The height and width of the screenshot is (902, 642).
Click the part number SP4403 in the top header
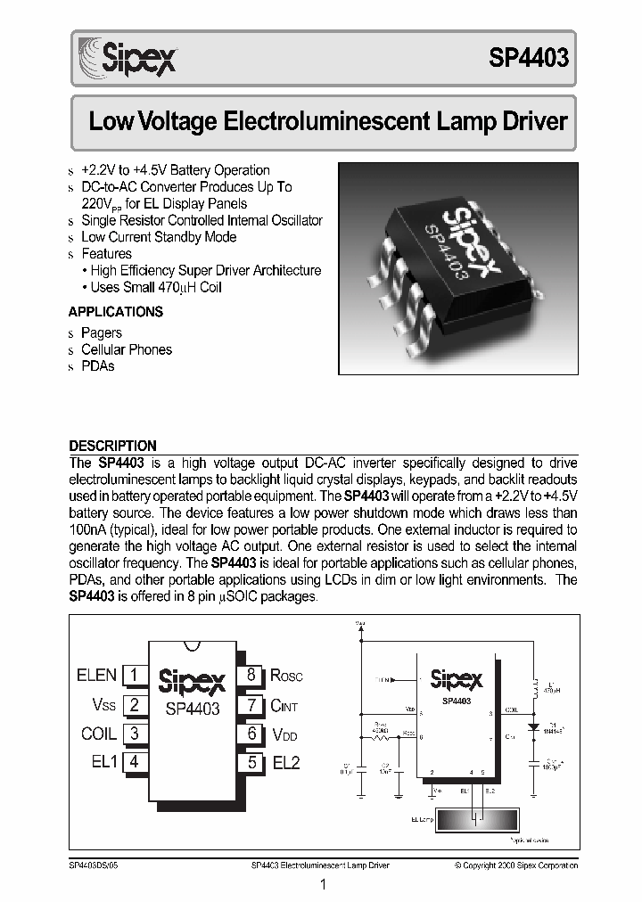[528, 58]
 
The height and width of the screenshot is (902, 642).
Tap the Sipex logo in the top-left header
[128, 56]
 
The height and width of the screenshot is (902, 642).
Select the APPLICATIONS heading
[115, 312]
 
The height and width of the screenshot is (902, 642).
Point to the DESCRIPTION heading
[112, 446]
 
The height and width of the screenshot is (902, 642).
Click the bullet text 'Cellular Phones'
[127, 349]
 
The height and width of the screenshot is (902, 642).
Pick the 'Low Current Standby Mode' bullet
[159, 237]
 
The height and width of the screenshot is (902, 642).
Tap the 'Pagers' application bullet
[102, 332]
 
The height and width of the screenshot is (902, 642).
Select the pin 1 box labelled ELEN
[134, 676]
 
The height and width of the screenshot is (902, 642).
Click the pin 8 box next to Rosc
[251, 676]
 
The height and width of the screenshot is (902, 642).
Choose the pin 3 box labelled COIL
[134, 734]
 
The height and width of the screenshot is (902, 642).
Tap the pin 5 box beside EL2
[251, 762]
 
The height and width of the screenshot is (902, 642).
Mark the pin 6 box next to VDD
[251, 734]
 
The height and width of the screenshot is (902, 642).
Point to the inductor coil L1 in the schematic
[535, 690]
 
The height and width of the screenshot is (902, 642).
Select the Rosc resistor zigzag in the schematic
[382, 736]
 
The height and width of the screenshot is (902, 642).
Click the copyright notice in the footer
[515, 865]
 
